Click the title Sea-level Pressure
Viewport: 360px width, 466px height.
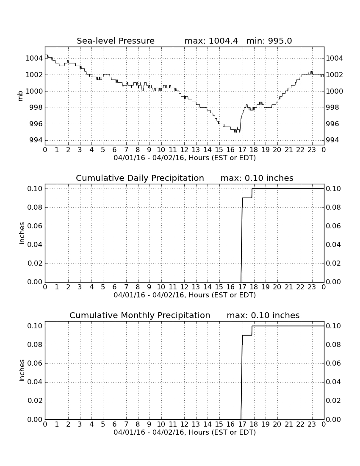(x=116, y=41)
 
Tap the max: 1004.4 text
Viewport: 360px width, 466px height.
(x=211, y=41)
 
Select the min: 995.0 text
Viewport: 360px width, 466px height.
(x=269, y=41)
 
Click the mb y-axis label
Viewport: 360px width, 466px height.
(x=20, y=96)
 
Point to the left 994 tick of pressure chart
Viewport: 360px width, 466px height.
(x=35, y=140)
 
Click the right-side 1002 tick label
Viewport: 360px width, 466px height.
(x=335, y=75)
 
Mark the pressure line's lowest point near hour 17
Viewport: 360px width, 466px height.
(x=239, y=132)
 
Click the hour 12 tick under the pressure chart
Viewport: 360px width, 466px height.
(x=184, y=150)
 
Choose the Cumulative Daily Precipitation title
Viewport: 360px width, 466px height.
(x=140, y=178)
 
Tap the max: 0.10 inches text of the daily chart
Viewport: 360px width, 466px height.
(x=257, y=178)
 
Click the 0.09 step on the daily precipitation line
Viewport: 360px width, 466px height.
(x=247, y=198)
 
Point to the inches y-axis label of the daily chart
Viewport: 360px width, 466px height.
(x=21, y=233)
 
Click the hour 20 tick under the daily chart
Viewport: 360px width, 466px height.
(x=277, y=287)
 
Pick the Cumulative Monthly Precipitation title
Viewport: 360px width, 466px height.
(x=140, y=315)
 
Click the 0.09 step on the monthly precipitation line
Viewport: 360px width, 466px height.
(x=247, y=335)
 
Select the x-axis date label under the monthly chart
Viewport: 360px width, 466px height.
(x=185, y=432)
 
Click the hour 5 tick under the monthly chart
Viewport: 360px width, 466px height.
(x=103, y=424)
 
